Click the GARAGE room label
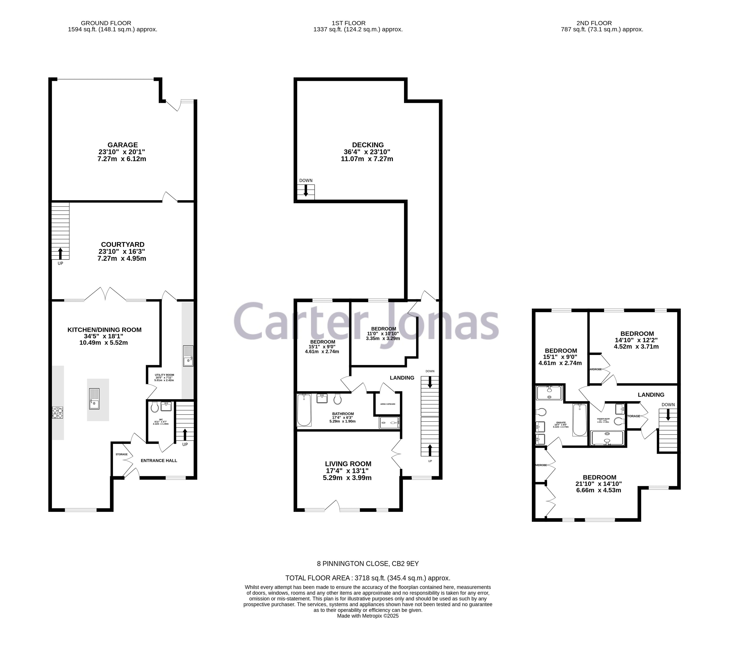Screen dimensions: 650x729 (x=123, y=145)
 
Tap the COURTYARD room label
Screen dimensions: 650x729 (x=123, y=244)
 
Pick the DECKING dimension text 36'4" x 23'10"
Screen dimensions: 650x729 (x=367, y=152)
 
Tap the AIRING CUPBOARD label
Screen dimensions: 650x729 (x=388, y=404)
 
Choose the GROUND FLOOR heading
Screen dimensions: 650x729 (x=106, y=23)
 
